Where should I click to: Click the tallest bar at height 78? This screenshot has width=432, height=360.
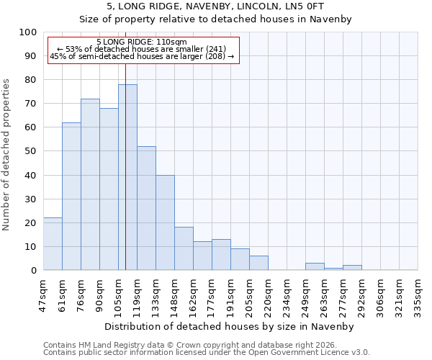pyautogui.click(x=127, y=177)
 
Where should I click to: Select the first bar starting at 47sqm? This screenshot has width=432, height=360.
pyautogui.click(x=53, y=244)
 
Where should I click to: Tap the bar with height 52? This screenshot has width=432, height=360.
pyautogui.click(x=146, y=208)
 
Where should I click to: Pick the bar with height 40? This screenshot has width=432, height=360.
pyautogui.click(x=165, y=222)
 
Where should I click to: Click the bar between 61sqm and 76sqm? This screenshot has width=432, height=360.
pyautogui.click(x=71, y=197)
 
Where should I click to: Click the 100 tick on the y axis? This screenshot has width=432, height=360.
pyautogui.click(x=28, y=32)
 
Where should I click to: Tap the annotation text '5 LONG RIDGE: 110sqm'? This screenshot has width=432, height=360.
pyautogui.click(x=141, y=42)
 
